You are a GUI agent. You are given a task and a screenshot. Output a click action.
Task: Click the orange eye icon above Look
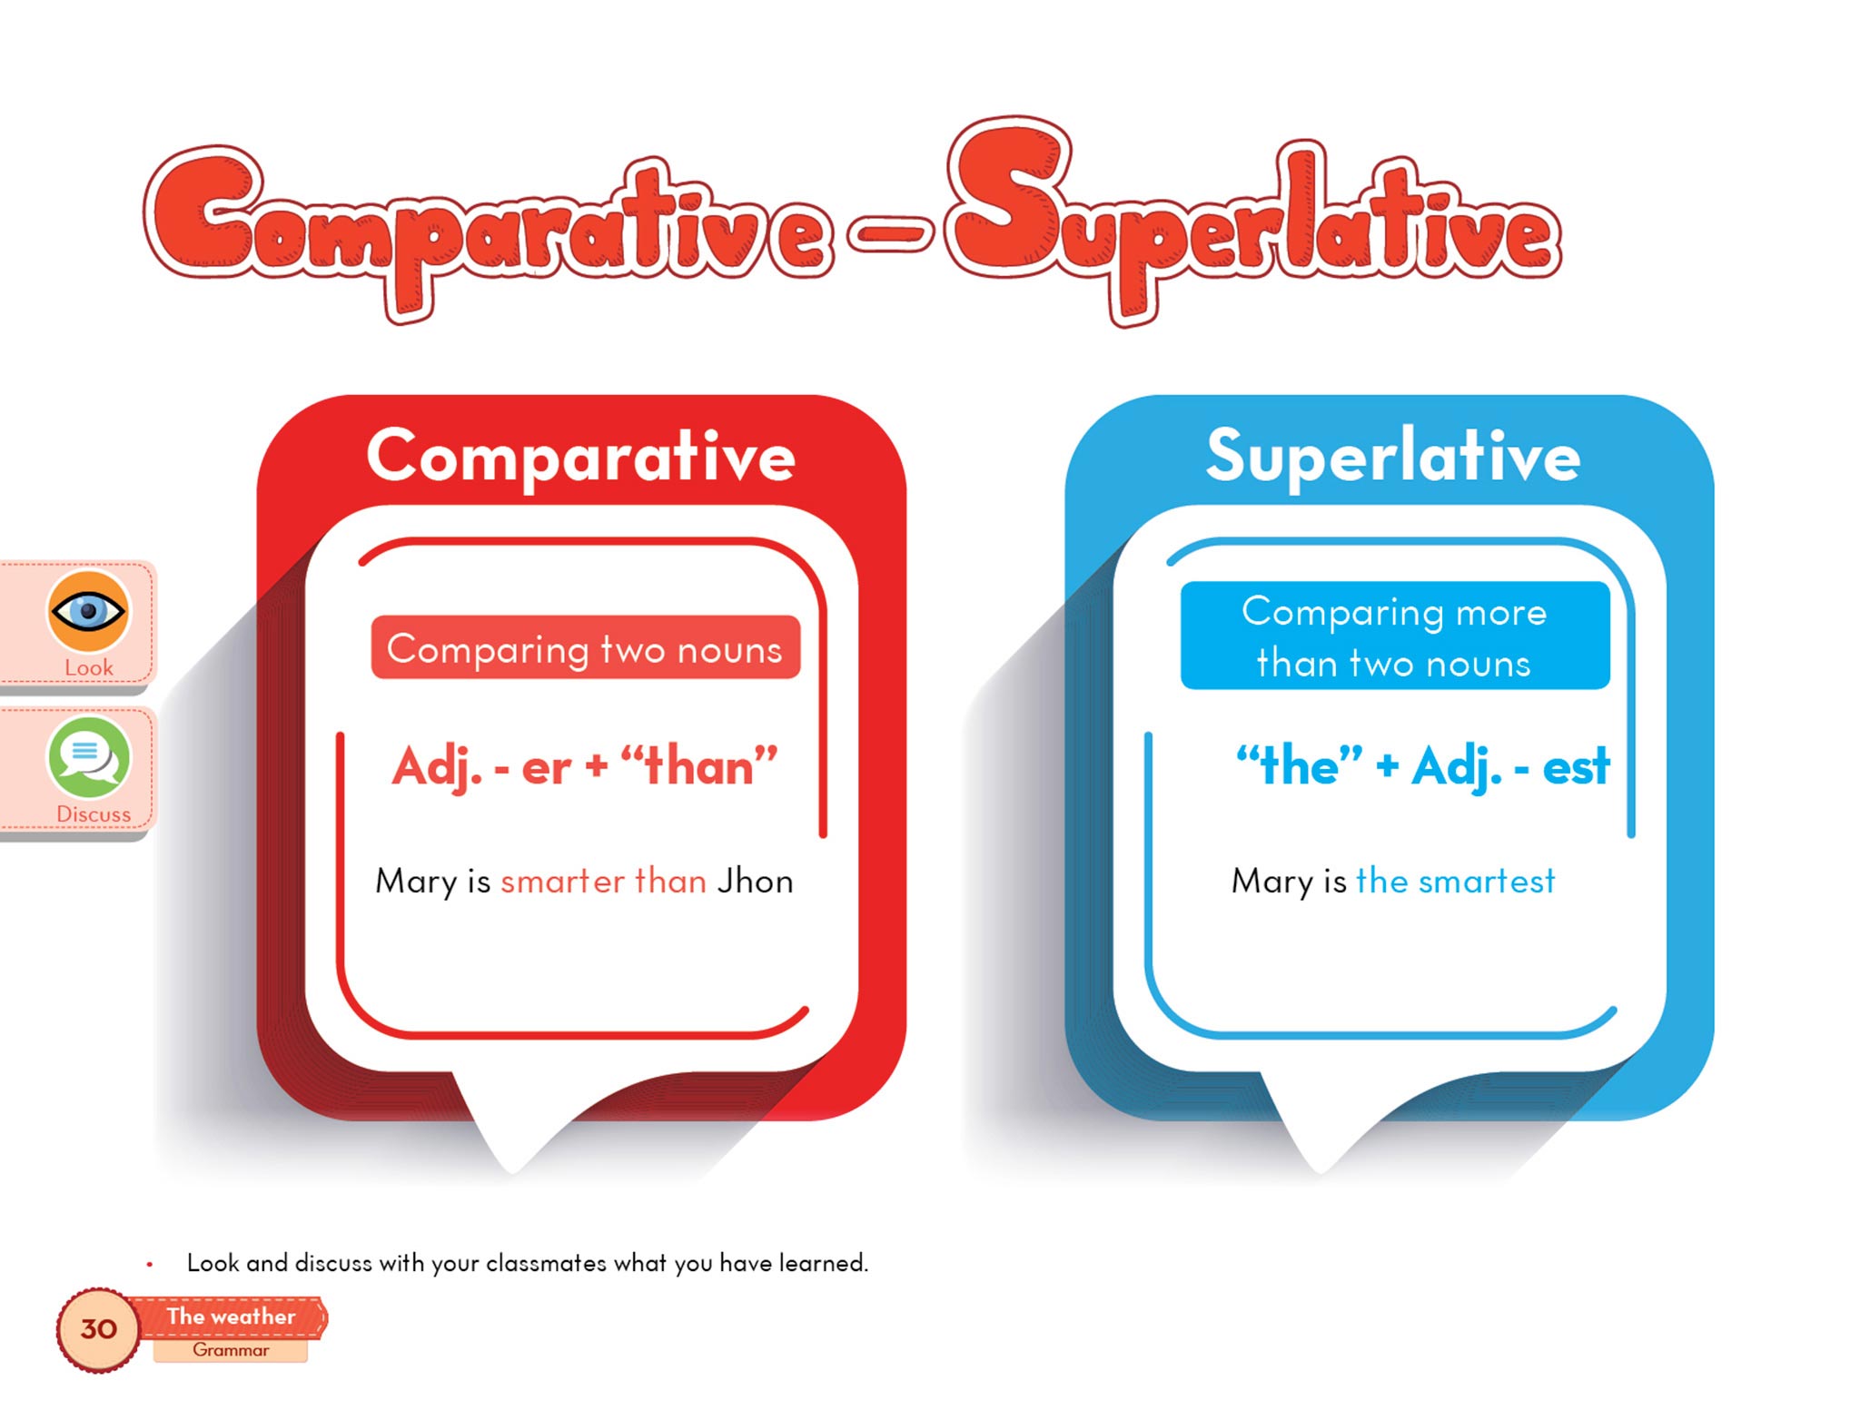click(x=88, y=611)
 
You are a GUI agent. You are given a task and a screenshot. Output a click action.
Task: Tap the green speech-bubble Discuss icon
click(x=88, y=757)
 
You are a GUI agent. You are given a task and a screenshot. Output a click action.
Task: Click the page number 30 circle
click(x=98, y=1329)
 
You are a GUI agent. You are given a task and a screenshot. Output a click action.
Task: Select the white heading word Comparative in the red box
click(x=581, y=457)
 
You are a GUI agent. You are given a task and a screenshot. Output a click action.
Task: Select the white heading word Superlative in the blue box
click(x=1393, y=456)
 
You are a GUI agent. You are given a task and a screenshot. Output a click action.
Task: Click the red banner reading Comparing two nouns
click(x=586, y=647)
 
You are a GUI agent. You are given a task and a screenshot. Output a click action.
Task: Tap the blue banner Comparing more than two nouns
click(x=1395, y=636)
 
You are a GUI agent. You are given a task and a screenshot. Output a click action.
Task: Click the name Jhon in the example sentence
click(x=755, y=881)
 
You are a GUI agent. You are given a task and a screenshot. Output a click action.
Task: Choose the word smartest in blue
click(x=1487, y=881)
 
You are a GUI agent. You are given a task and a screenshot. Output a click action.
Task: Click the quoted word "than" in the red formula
click(x=698, y=765)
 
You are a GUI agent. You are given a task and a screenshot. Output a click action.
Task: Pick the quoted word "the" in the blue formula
click(x=1300, y=765)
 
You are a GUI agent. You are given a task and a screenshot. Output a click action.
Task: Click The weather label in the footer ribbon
click(x=231, y=1316)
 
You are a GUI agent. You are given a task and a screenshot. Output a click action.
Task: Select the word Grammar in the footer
click(x=231, y=1350)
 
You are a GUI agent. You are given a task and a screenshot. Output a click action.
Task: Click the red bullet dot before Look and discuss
click(x=150, y=1264)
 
